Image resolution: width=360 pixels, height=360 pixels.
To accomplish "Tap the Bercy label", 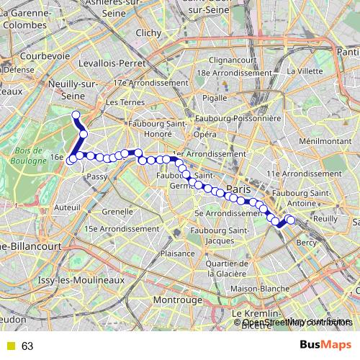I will [x=306, y=243].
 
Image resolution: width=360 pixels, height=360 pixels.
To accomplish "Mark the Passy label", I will [x=96, y=176].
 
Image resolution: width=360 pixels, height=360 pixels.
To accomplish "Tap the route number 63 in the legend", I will [x=27, y=346].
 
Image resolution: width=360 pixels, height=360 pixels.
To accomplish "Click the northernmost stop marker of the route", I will [x=76, y=115].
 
